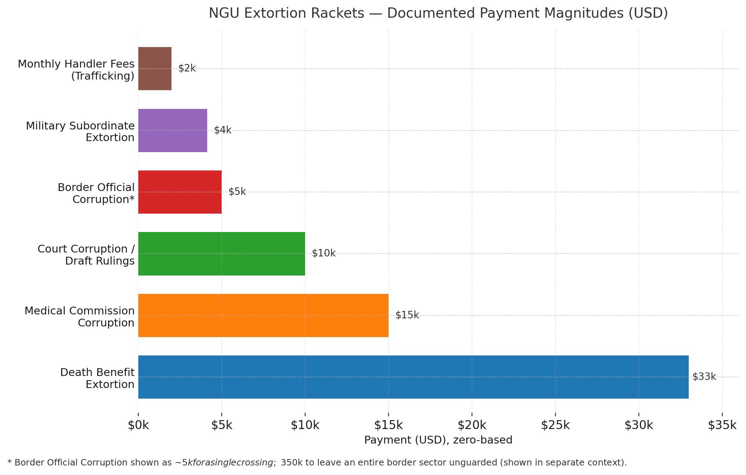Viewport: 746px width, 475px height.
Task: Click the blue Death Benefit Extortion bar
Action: (413, 377)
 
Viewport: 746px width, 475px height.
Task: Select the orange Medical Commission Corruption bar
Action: (263, 315)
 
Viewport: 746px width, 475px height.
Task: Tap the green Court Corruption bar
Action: (222, 254)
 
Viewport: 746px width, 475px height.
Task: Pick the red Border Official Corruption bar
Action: (180, 192)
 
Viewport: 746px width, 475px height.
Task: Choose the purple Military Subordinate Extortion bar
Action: (173, 131)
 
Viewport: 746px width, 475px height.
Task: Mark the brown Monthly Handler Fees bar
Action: (155, 69)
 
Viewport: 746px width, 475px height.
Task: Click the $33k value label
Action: (704, 377)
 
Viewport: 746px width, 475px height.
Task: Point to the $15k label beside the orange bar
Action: (407, 315)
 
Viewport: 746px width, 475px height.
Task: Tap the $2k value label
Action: (187, 68)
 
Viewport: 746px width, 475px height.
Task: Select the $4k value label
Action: (223, 130)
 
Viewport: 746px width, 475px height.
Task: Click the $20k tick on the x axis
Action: (472, 425)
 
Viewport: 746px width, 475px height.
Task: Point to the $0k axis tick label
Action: (138, 425)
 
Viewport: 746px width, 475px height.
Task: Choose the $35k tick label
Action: (722, 425)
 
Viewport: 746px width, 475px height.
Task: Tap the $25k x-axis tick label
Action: (555, 425)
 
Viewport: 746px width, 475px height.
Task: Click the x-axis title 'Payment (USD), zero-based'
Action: (438, 440)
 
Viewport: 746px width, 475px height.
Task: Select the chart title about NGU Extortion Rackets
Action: (438, 13)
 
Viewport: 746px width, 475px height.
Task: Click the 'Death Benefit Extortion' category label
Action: (97, 378)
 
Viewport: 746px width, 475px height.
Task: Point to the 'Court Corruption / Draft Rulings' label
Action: (86, 255)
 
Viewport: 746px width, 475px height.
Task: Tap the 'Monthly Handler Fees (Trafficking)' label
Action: (76, 70)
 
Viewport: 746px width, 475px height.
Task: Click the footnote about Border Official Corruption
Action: (317, 463)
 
